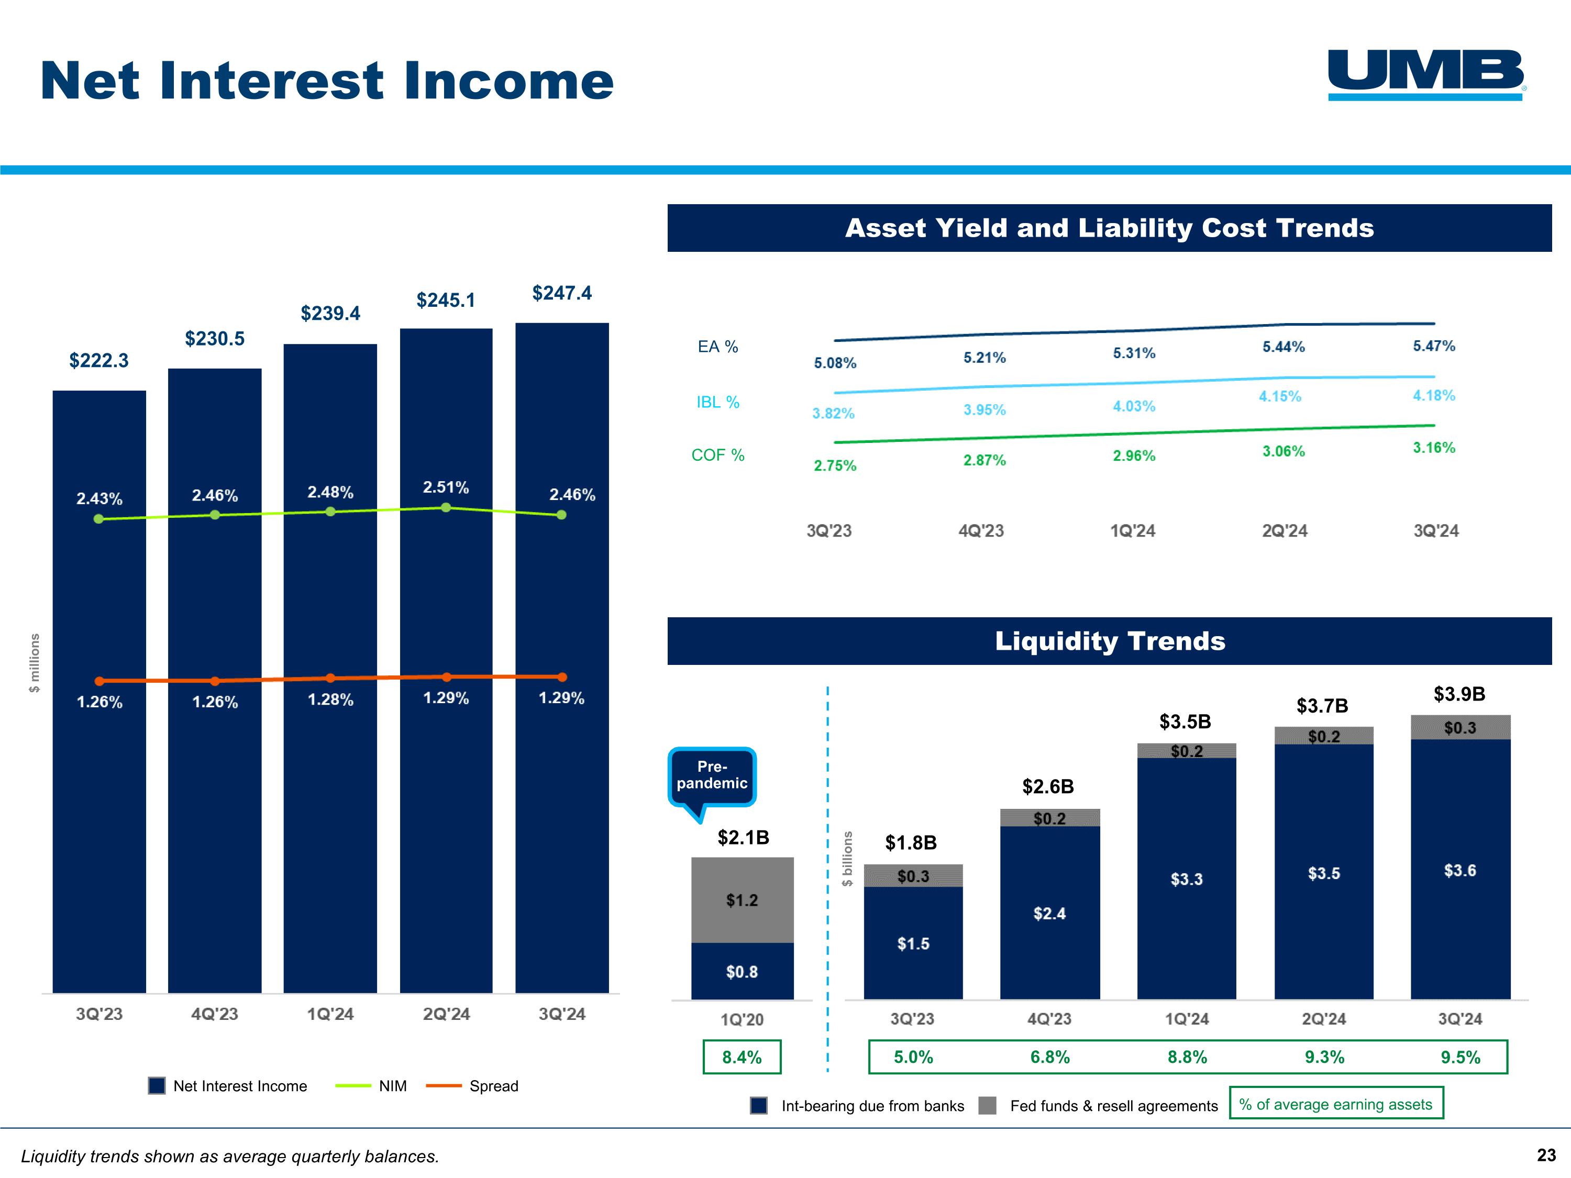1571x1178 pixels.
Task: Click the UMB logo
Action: click(1426, 74)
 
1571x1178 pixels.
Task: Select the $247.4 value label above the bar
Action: click(562, 293)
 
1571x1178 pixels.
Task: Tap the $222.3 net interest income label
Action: click(99, 361)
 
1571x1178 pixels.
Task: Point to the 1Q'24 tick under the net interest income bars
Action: click(330, 1014)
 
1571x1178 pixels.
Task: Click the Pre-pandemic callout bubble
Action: click(712, 775)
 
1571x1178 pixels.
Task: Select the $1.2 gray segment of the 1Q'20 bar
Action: click(742, 901)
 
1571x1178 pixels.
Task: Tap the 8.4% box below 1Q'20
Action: click(742, 1057)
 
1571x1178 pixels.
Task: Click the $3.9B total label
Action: click(1459, 694)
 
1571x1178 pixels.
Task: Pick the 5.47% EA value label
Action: click(1434, 346)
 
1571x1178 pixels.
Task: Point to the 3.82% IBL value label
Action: click(833, 413)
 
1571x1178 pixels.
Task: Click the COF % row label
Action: click(718, 455)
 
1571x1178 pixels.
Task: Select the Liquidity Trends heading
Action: click(1109, 641)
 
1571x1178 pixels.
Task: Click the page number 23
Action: click(1546, 1155)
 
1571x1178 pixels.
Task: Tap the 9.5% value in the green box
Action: click(1460, 1057)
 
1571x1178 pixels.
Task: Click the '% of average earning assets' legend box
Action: click(1336, 1104)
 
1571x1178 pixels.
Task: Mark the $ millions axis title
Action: click(34, 662)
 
